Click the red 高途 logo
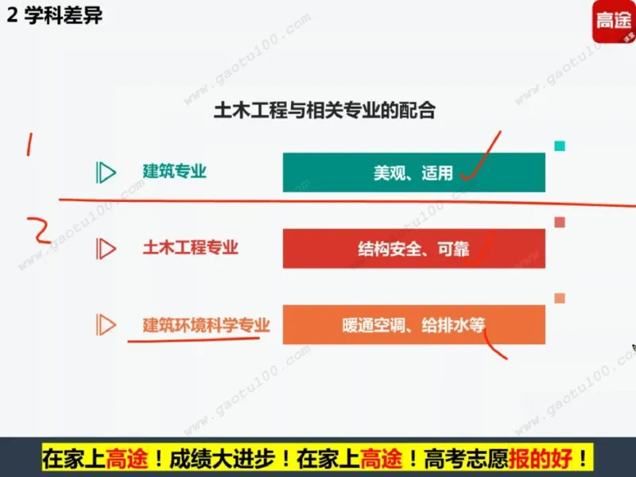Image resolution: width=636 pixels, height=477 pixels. tap(613, 22)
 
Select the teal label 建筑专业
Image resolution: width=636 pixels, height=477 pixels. tap(174, 172)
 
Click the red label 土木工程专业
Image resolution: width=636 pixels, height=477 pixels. tap(190, 248)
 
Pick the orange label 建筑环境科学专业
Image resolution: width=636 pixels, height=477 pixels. tap(206, 324)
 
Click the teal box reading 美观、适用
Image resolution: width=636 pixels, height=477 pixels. tap(413, 173)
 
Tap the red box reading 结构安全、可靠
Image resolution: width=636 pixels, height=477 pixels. tap(413, 249)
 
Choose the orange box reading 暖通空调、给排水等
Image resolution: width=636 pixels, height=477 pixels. tap(413, 325)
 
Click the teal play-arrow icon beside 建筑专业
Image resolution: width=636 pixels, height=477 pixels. tap(106, 173)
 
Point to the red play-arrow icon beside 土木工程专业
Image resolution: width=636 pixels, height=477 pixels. tap(106, 249)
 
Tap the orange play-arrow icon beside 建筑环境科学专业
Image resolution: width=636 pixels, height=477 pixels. tap(106, 324)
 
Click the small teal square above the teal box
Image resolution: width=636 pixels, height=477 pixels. tap(560, 145)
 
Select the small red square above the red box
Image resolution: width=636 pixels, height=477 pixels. tap(560, 222)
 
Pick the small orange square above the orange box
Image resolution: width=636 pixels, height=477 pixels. tap(560, 298)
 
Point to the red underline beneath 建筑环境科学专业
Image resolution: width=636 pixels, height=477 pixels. tap(195, 339)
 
